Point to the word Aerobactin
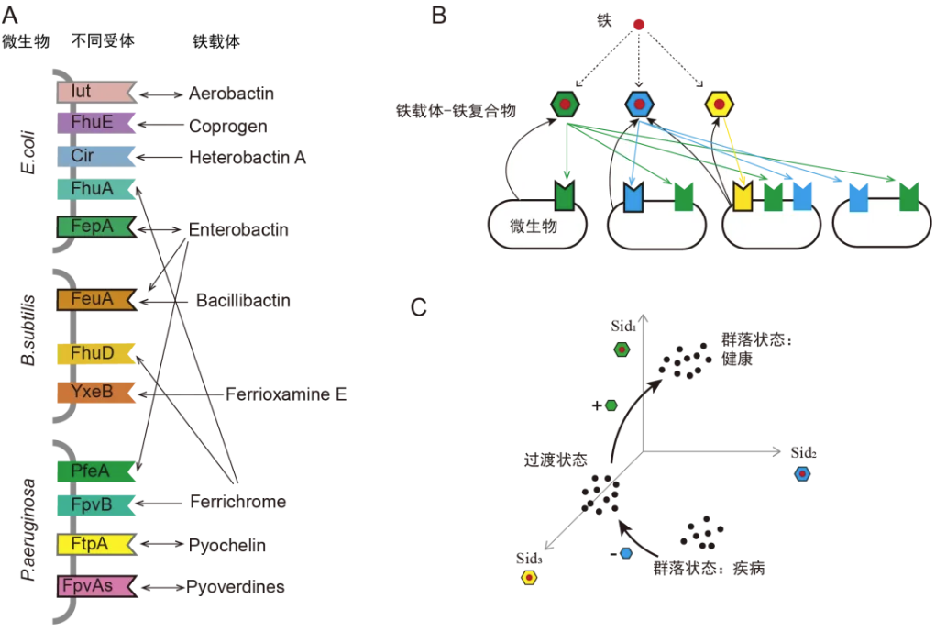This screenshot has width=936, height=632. [x=231, y=94]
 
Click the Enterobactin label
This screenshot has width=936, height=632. [x=238, y=229]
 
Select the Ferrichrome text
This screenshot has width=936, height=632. [x=238, y=502]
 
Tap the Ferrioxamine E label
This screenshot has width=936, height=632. [x=286, y=394]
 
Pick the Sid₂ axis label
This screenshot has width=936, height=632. [x=804, y=453]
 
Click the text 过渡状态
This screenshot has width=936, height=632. [x=555, y=460]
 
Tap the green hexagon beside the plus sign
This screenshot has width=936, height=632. [x=611, y=405]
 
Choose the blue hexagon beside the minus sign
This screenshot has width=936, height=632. [x=627, y=553]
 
